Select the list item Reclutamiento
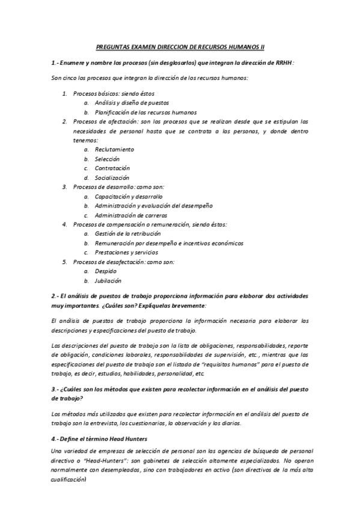pos(114,149)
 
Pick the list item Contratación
pos(112,168)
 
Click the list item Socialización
pos(112,177)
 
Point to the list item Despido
pos(105,271)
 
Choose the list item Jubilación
pos(108,280)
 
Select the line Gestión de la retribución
pos(127,233)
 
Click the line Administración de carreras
pos(130,215)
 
